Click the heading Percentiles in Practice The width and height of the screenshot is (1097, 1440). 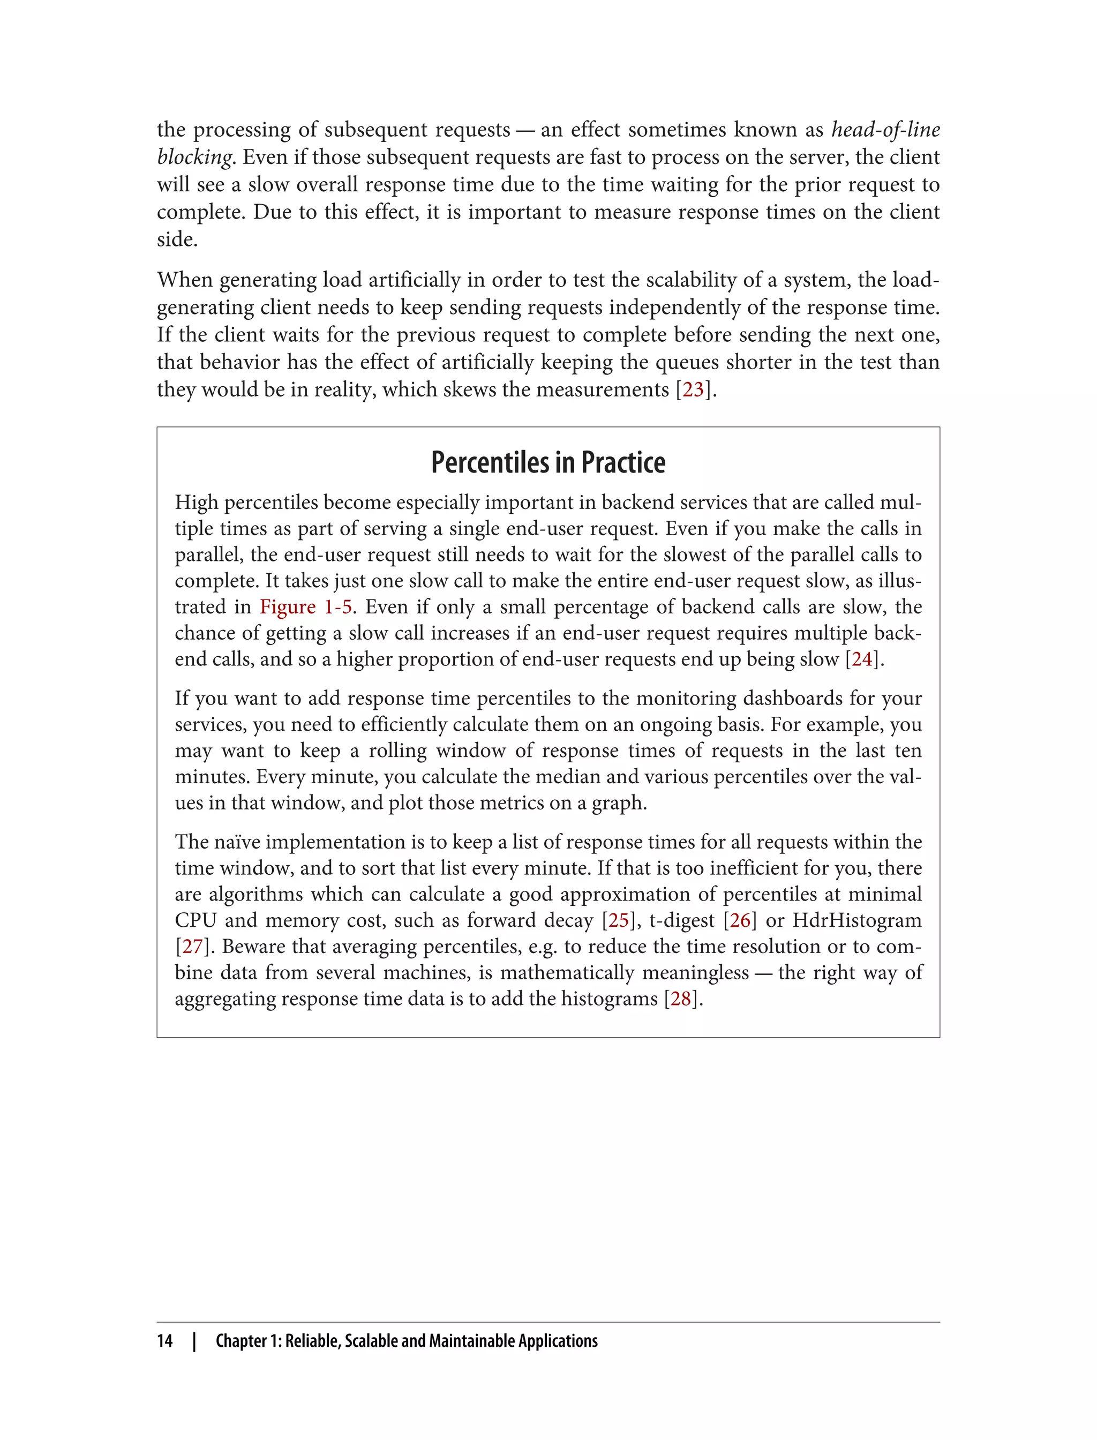(548, 463)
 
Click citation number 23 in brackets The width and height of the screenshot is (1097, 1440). (693, 390)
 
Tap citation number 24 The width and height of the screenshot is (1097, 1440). (862, 659)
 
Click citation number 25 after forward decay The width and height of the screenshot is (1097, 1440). (618, 920)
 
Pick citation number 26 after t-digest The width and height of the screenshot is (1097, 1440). (740, 920)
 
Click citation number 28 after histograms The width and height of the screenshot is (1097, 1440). (680, 999)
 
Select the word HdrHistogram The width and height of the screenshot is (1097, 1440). (856, 920)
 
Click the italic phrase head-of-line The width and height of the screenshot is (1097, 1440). (885, 130)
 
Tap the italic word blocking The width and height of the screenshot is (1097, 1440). (194, 157)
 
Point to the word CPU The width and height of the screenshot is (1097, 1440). (195, 920)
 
